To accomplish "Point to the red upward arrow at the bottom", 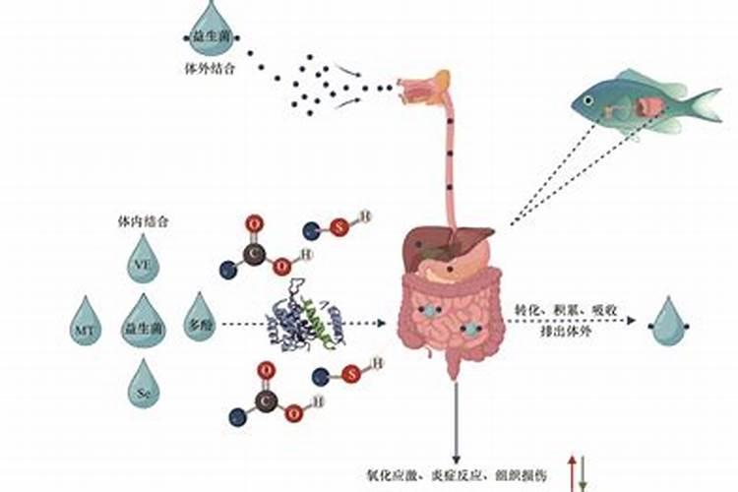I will (x=572, y=471).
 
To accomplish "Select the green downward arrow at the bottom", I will (x=583, y=473).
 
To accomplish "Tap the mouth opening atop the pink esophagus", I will (x=425, y=87).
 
